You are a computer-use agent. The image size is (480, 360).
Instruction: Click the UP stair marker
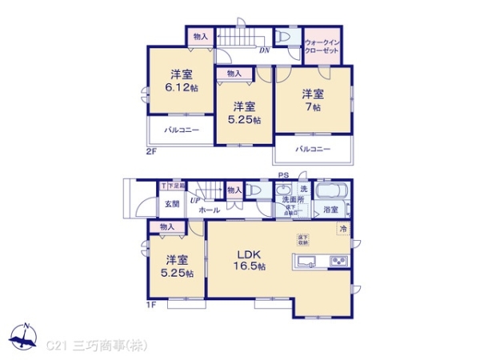click(194, 200)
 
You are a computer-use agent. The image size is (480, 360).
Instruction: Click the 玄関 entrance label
click(173, 205)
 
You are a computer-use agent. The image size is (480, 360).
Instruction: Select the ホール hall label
click(209, 210)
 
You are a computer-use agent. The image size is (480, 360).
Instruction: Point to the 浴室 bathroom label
click(330, 210)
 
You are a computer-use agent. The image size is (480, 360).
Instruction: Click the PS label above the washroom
click(282, 175)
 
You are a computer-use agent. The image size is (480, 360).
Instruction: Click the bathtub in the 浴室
click(331, 193)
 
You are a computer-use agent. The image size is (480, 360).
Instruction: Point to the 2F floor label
click(151, 150)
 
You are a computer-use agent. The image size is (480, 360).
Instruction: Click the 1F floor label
click(151, 305)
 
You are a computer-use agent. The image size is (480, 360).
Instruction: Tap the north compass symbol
click(25, 338)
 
